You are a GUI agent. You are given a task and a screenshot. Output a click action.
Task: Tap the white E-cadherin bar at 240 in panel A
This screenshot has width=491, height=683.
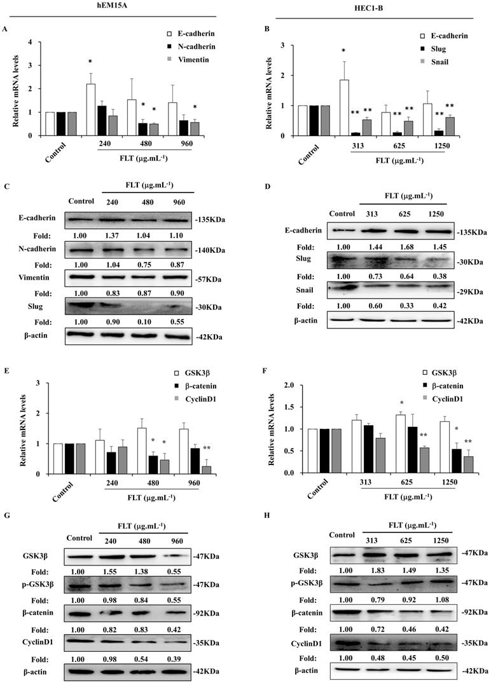(91, 109)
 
